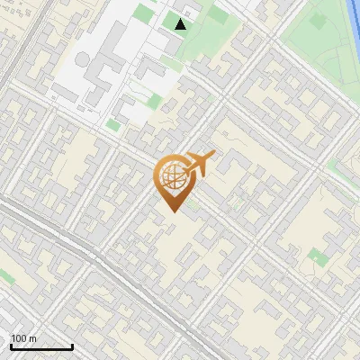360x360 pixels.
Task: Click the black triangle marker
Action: click(181, 24)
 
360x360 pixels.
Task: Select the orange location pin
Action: click(172, 180)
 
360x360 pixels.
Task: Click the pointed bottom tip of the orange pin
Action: click(172, 211)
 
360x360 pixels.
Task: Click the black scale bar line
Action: click(41, 347)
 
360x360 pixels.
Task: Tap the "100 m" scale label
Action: click(23, 338)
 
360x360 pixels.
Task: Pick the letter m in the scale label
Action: click(33, 338)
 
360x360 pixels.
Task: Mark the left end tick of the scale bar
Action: click(11, 346)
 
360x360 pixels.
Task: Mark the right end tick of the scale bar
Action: click(72, 346)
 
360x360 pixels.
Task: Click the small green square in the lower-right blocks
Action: click(317, 257)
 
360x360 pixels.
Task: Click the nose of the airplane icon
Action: click(213, 156)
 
